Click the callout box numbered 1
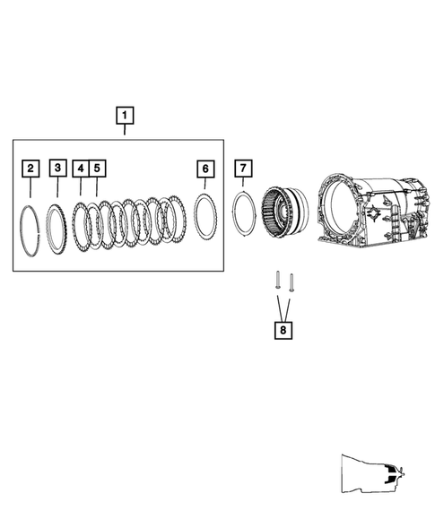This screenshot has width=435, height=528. click(125, 115)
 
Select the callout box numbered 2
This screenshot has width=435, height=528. click(31, 168)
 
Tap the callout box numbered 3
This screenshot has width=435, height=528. click(57, 168)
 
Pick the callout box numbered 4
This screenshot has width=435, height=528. click(81, 168)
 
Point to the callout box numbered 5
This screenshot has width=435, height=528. click(97, 168)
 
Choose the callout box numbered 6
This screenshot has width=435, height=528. click(205, 169)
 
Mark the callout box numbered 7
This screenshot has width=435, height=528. click(242, 169)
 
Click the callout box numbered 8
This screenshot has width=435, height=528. click(283, 331)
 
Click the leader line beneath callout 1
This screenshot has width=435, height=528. click(125, 131)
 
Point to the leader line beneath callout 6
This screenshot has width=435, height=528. click(205, 185)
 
